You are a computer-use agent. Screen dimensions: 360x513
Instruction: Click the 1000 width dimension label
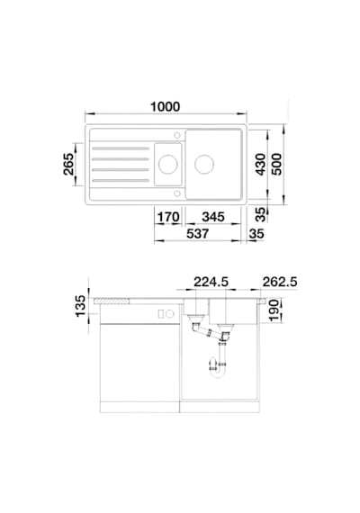(165, 107)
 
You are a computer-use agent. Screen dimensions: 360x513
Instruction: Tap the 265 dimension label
(69, 164)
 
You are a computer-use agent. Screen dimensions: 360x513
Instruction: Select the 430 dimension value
(260, 164)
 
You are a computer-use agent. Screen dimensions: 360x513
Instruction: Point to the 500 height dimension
(276, 164)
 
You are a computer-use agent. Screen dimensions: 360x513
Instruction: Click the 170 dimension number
(168, 217)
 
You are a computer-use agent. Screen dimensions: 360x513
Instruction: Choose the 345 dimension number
(213, 217)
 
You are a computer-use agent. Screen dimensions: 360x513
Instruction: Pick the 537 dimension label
(197, 234)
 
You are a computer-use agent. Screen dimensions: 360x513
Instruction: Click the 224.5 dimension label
(211, 282)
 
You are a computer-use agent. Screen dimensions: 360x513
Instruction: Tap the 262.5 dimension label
(280, 282)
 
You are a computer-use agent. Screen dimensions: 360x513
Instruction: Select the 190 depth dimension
(274, 310)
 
